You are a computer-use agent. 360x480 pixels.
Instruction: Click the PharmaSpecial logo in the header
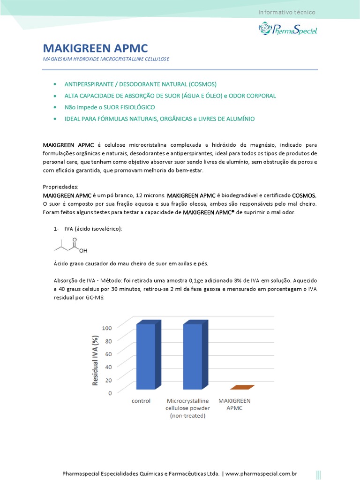point(288,29)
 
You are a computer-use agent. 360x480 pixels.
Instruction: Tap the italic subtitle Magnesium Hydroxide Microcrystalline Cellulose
point(106,59)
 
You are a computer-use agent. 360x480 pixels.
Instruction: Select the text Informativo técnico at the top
point(287,12)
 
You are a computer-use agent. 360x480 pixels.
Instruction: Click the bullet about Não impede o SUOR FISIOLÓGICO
point(109,107)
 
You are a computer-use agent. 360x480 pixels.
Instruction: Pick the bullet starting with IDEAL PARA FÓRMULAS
point(159,119)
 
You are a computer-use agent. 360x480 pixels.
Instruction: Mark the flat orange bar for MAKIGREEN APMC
point(242,387)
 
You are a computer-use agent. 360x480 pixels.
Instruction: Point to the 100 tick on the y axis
point(107,328)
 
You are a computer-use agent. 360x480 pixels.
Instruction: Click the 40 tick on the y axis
point(108,367)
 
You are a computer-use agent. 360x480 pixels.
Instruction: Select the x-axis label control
point(141,402)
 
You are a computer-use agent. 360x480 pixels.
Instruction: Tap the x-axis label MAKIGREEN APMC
point(235,405)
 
